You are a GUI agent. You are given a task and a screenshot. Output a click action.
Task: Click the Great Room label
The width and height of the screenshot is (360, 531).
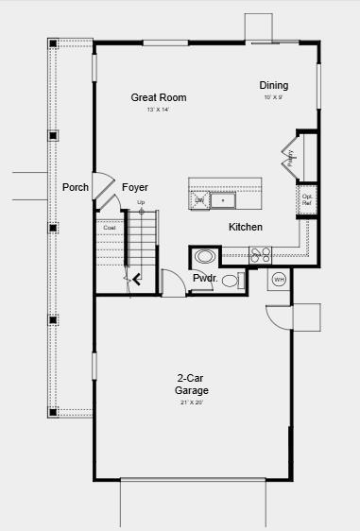pos(158,97)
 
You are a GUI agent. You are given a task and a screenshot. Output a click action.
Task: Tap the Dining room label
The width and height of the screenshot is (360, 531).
pos(274,86)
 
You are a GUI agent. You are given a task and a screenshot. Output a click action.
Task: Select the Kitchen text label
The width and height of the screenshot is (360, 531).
pos(246,227)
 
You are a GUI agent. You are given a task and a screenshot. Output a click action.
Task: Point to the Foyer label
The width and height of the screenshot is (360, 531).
pos(135,187)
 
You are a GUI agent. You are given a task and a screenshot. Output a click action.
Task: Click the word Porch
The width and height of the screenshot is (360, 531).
pos(76,187)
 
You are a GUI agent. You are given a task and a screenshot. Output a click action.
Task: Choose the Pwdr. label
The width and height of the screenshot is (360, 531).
pos(205,279)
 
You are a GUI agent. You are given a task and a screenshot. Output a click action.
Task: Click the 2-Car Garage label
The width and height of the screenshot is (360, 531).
pos(191,384)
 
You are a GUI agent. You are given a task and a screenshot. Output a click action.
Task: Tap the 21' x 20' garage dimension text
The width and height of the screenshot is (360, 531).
pos(191,403)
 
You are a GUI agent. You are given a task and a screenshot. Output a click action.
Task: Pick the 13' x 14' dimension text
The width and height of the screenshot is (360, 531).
pos(158,111)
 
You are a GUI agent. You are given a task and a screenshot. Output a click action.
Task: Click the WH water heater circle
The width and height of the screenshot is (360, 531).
pos(279,279)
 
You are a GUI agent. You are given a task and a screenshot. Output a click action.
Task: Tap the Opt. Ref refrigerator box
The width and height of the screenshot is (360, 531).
pos(307,200)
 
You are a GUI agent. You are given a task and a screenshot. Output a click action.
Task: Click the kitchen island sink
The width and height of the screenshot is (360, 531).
pos(223,200)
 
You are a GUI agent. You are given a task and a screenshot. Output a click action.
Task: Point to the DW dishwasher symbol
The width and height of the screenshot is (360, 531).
pos(199,200)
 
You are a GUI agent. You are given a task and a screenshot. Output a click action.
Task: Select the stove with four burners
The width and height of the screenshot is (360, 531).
pos(261,253)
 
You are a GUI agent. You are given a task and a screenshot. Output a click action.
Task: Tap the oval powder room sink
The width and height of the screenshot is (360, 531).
pos(204,256)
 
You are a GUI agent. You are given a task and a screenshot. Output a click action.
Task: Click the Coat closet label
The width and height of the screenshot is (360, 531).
pos(110,227)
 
